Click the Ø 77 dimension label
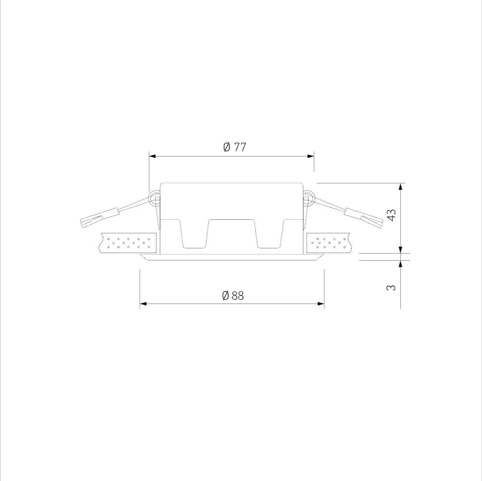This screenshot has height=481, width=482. coord(234,147)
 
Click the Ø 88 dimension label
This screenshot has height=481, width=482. coord(233,296)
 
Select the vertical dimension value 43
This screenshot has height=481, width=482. coord(392,215)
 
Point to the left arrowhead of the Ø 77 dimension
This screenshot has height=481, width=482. coord(153,157)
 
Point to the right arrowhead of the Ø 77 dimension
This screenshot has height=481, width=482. coord(310,157)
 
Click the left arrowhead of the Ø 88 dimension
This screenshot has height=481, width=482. coord(144,304)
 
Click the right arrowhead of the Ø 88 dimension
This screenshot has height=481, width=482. coord(320,304)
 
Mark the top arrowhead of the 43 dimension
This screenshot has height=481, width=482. coord(401,187)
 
